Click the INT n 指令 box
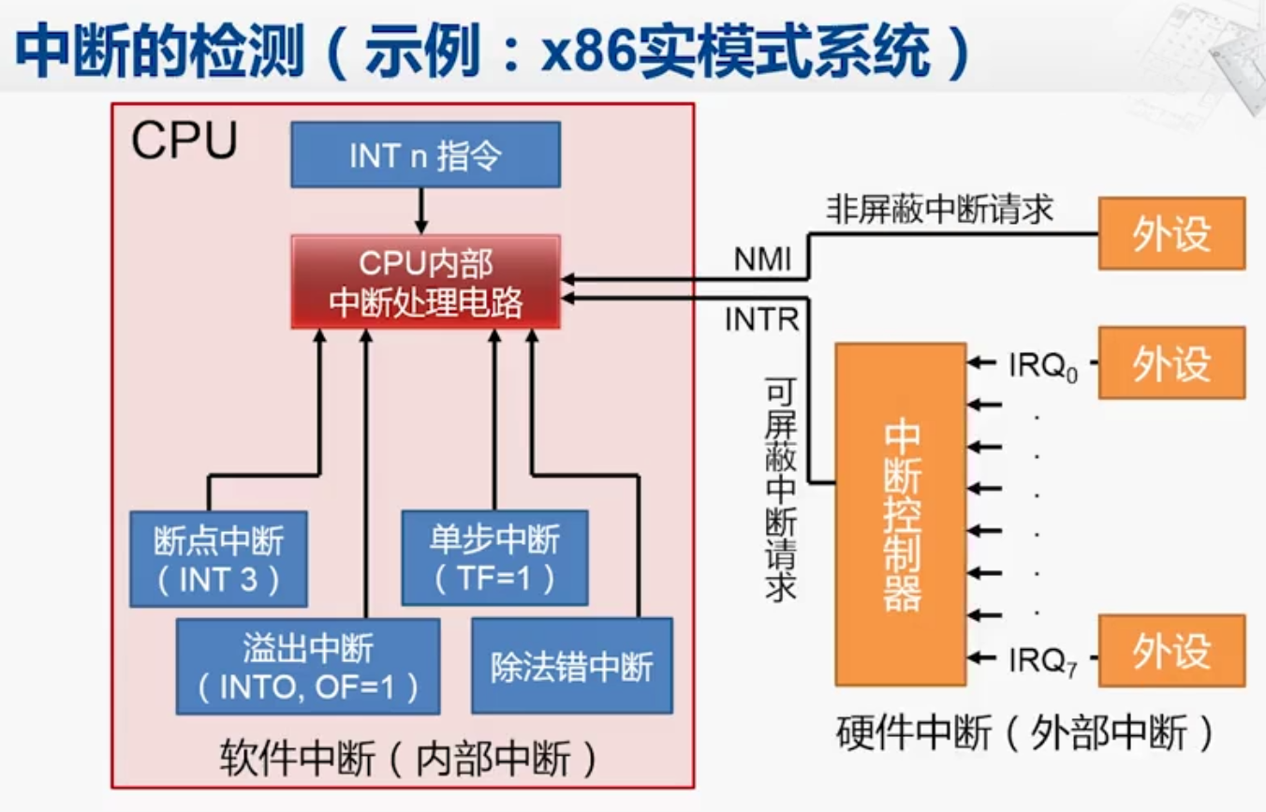[x=425, y=155]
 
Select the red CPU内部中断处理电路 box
[x=425, y=282]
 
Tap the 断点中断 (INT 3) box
[x=218, y=559]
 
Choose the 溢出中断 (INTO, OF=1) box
[x=308, y=666]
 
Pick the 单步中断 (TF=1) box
[x=494, y=558]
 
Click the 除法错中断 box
[x=571, y=666]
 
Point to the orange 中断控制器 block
[x=900, y=514]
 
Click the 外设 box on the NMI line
[x=1170, y=233]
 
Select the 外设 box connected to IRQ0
[x=1170, y=362]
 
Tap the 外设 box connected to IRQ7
[x=1170, y=651]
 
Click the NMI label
[x=762, y=260]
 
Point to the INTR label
[x=761, y=320]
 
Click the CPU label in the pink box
[x=184, y=141]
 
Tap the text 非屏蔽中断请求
[x=939, y=210]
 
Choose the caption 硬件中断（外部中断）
[x=1025, y=733]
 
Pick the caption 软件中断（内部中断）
[x=409, y=759]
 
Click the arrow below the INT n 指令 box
[x=421, y=211]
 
